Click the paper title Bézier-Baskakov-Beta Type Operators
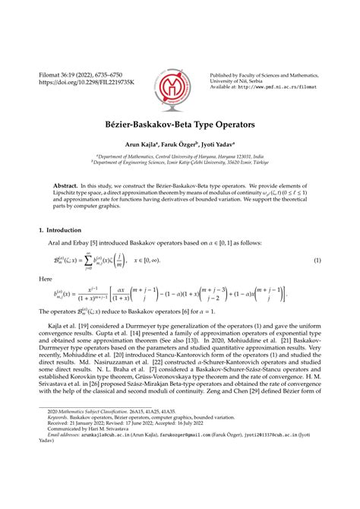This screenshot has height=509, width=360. click(x=179, y=122)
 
